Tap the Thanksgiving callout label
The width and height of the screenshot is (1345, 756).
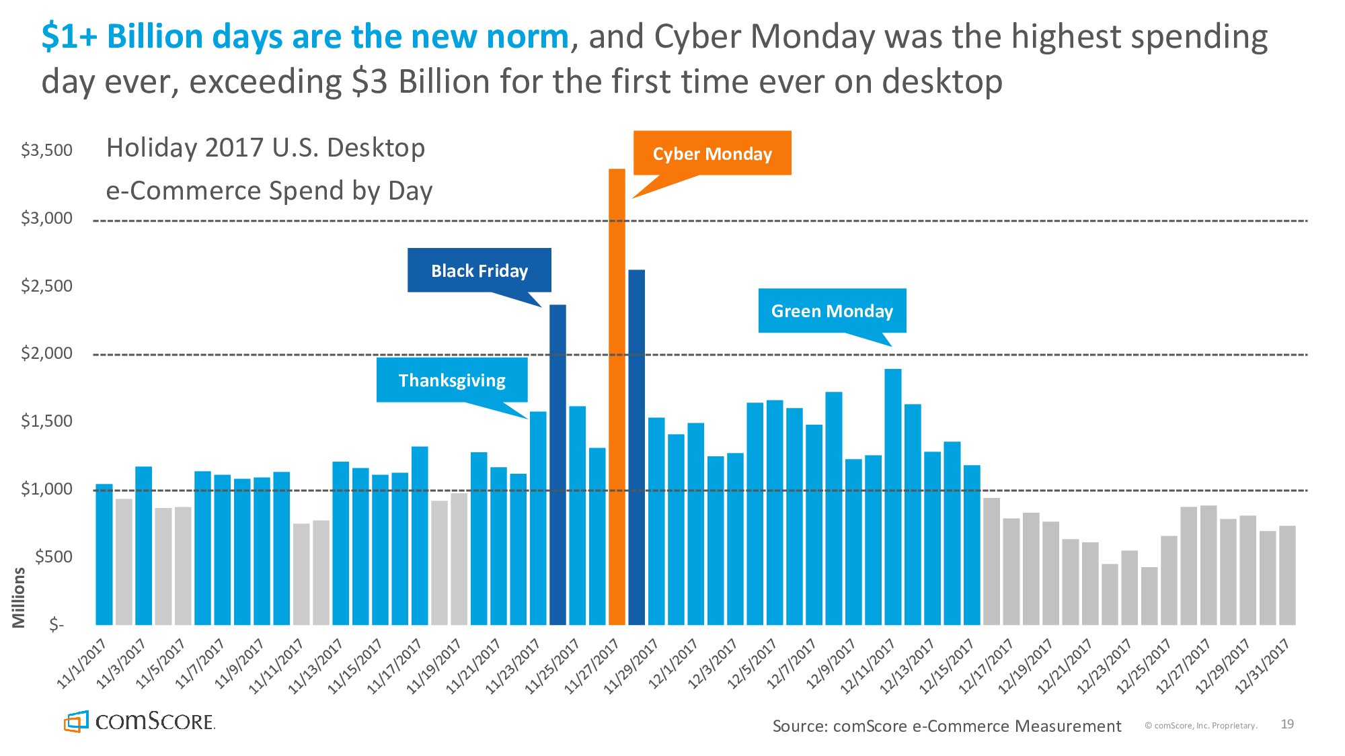coord(452,380)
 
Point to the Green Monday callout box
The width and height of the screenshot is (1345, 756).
coord(832,311)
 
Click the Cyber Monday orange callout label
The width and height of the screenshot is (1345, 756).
coord(712,154)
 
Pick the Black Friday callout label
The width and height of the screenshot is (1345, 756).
coord(479,271)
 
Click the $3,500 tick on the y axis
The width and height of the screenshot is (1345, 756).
coord(46,150)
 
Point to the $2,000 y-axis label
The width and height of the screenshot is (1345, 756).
coord(46,353)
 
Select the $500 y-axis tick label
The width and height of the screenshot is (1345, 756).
coord(53,557)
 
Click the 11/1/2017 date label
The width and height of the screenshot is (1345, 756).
coord(82,663)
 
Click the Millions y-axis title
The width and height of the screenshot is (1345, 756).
coord(18,597)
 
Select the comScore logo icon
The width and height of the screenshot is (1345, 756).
coord(76,722)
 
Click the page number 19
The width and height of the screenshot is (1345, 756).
coord(1287,724)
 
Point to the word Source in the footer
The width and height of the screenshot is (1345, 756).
coord(798,726)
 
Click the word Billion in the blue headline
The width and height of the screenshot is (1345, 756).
coord(155,36)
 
